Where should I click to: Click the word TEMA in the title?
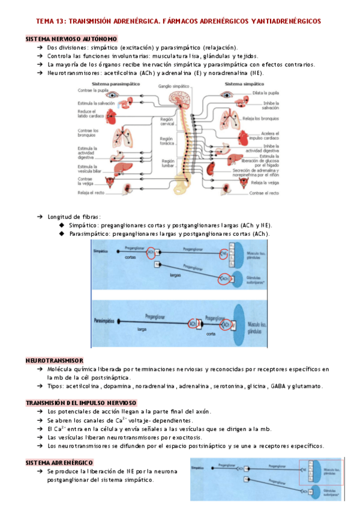coord(47,21)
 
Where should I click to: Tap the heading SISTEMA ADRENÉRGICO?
coord(59,463)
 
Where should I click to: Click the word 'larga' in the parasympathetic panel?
coord(142,330)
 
